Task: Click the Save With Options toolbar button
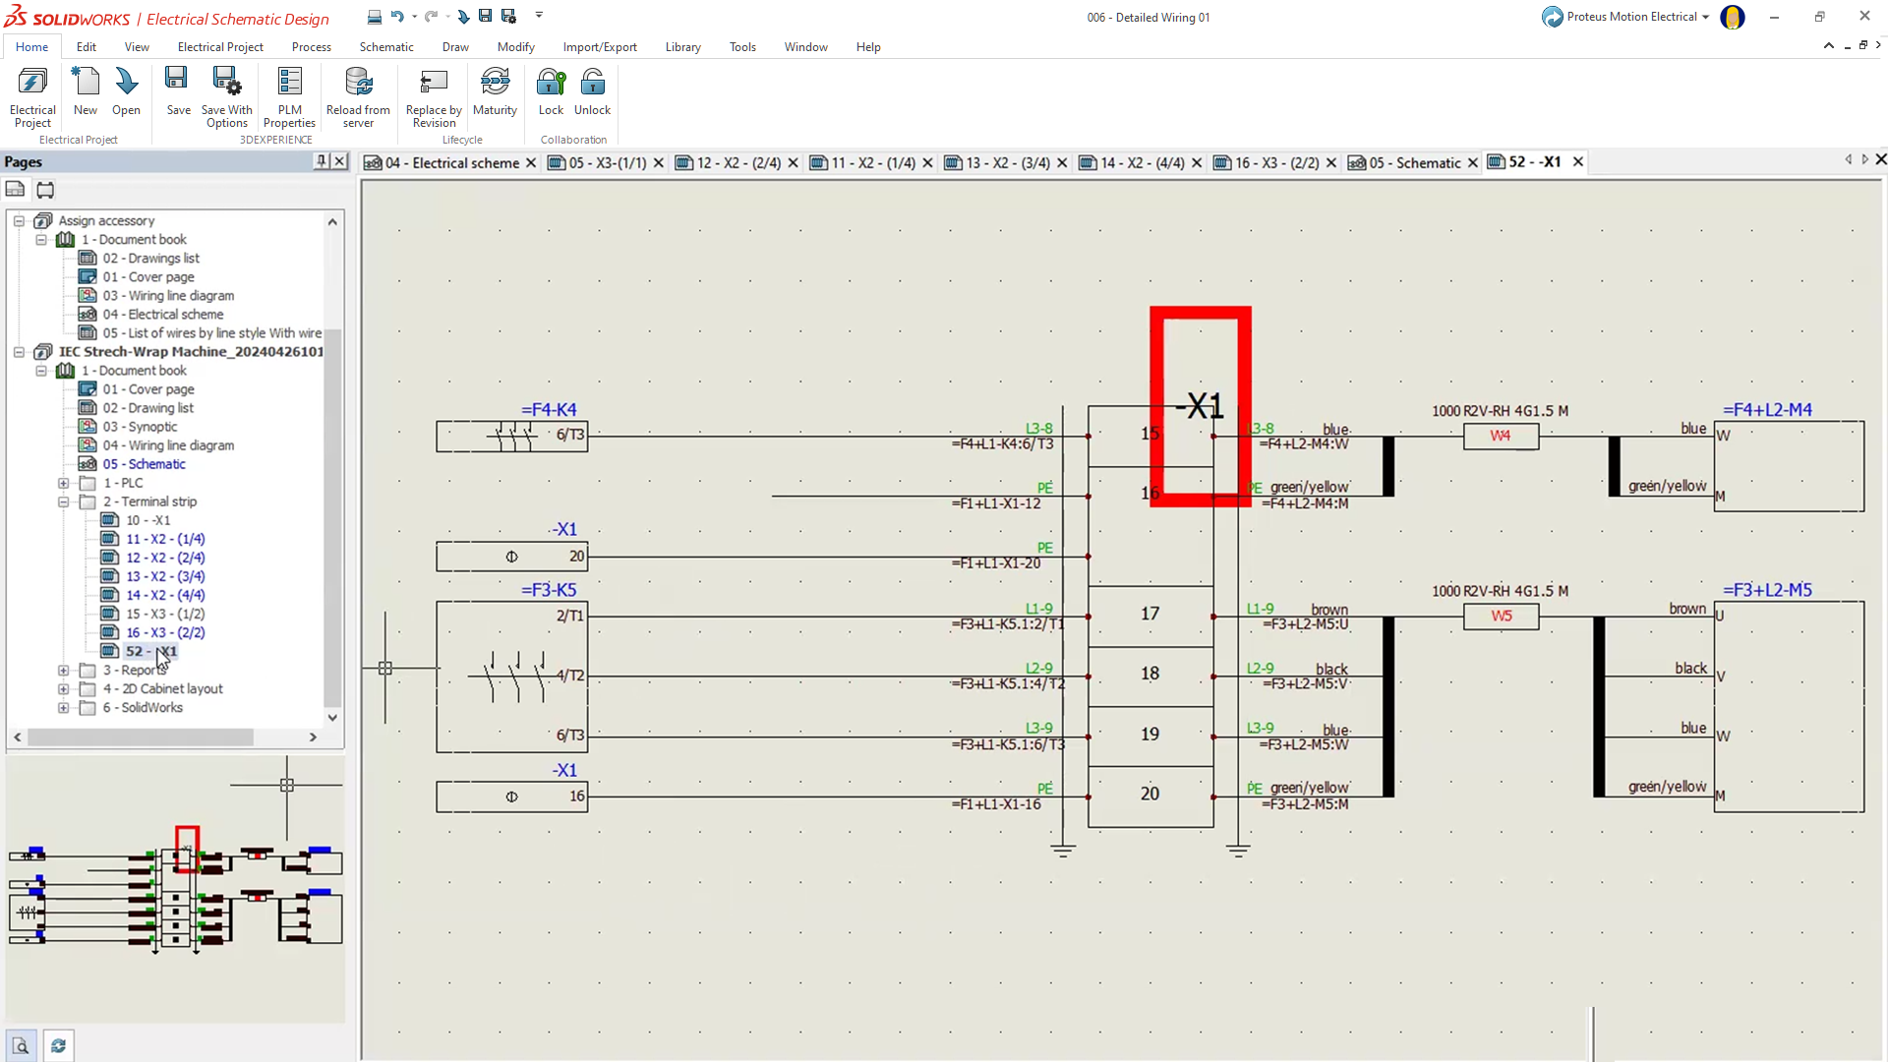226,96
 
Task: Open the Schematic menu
385,47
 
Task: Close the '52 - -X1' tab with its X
1578,162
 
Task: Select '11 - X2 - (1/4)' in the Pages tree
165,539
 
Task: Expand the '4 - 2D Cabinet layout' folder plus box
64,689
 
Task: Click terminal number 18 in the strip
1150,674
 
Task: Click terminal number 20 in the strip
1150,794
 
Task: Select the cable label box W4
1501,436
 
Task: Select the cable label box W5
1501,617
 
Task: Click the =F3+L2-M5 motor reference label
1767,590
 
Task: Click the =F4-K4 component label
549,410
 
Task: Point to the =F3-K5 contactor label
549,590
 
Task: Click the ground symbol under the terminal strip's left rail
1063,850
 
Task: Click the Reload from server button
358,96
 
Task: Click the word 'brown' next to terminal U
1687,609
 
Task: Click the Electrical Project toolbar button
32,96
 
